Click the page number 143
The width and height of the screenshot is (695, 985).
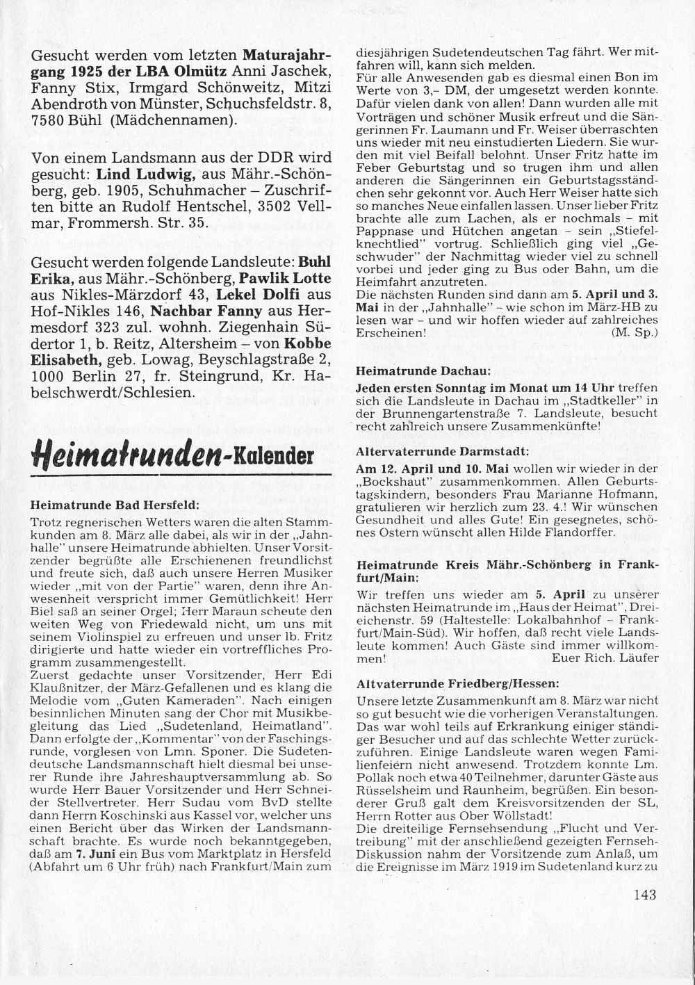[x=644, y=895]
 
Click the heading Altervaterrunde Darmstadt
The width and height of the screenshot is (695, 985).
[x=443, y=450]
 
